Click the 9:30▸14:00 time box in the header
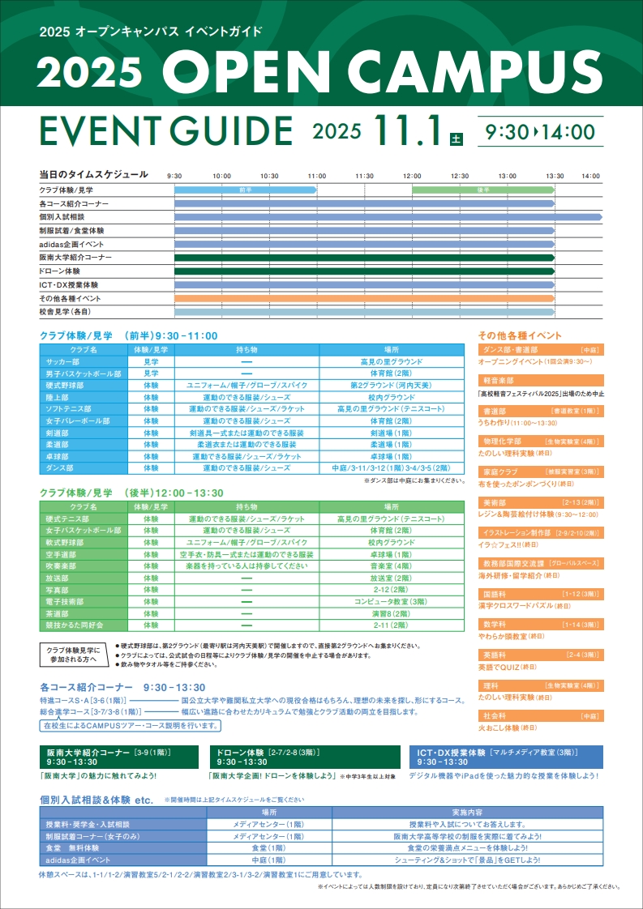pyautogui.click(x=540, y=132)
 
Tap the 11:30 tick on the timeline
pyautogui.click(x=364, y=176)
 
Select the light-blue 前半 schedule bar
pyautogui.click(x=245, y=190)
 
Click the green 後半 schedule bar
pyautogui.click(x=482, y=190)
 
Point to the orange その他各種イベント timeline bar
pyautogui.click(x=364, y=298)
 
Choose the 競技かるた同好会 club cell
pyautogui.click(x=78, y=625)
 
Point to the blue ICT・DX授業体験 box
pyautogui.click(x=505, y=757)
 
